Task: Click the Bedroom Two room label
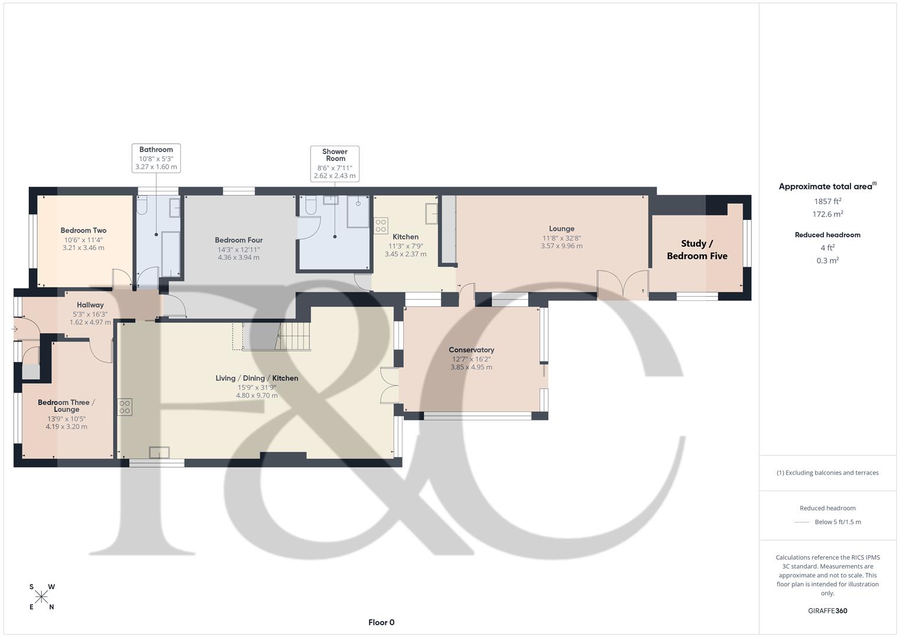83,231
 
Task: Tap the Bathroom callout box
156,158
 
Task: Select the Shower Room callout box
335,163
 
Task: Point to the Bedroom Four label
238,240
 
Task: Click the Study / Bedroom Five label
697,249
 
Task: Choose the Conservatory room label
471,350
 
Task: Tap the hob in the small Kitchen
381,226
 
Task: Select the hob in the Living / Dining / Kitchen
124,407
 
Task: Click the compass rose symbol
42,597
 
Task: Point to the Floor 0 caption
381,622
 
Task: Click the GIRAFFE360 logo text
828,610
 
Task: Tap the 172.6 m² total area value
828,214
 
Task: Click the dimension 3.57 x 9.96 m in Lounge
561,246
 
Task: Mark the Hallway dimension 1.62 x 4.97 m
90,322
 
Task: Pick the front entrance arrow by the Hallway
15,329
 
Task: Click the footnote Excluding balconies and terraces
828,472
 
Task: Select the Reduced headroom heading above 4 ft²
828,235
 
